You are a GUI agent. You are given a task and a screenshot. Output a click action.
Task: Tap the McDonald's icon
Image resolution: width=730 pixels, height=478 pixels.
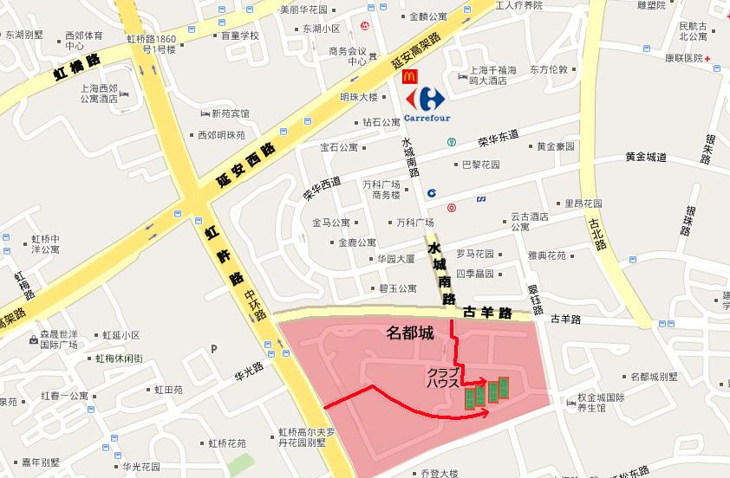(x=410, y=77)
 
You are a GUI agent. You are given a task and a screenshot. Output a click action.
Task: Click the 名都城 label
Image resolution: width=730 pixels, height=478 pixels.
(x=409, y=333)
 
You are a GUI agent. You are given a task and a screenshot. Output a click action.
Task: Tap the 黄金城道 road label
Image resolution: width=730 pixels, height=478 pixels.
(x=646, y=158)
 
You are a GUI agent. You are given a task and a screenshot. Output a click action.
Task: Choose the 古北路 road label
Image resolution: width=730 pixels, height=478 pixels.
(x=596, y=233)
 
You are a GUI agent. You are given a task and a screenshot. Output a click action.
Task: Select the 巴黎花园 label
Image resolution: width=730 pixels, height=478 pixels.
(x=479, y=165)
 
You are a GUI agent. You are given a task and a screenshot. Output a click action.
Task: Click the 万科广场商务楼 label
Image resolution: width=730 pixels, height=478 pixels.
(x=381, y=190)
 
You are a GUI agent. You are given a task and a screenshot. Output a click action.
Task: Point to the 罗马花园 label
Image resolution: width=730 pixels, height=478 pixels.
(x=475, y=255)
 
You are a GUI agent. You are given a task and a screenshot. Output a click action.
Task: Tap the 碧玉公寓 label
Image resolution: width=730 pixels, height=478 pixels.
(x=397, y=288)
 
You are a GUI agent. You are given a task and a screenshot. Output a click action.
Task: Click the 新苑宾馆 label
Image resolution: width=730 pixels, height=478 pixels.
(x=230, y=113)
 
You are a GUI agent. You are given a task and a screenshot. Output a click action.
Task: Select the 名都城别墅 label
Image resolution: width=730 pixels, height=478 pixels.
(x=655, y=377)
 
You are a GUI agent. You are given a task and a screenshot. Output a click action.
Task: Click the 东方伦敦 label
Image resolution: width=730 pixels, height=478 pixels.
(x=549, y=69)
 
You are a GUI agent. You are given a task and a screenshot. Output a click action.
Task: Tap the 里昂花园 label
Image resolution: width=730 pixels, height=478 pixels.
(x=583, y=204)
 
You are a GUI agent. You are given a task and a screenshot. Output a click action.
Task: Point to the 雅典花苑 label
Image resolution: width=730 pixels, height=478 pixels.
(x=546, y=255)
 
